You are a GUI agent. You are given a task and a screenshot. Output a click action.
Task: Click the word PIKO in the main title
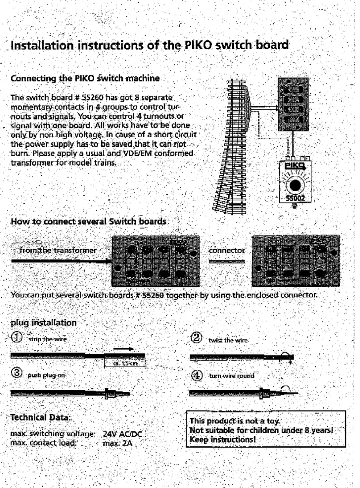click(x=198, y=45)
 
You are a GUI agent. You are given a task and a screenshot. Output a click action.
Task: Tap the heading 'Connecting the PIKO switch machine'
click(x=85, y=78)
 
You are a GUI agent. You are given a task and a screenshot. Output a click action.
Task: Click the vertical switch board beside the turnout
click(x=293, y=104)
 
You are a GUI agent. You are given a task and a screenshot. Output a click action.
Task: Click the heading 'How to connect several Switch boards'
click(x=88, y=221)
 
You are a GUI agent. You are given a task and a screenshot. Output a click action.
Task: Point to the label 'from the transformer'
click(x=58, y=250)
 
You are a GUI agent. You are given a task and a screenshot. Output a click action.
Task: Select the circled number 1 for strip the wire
click(x=17, y=337)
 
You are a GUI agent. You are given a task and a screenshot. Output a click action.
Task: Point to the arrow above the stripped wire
click(x=123, y=349)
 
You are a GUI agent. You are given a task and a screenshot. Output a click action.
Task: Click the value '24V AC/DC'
click(x=122, y=434)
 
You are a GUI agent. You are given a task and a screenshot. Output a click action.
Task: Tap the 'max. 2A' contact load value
click(x=117, y=443)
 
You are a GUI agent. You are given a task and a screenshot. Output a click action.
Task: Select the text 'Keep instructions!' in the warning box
click(x=222, y=440)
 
